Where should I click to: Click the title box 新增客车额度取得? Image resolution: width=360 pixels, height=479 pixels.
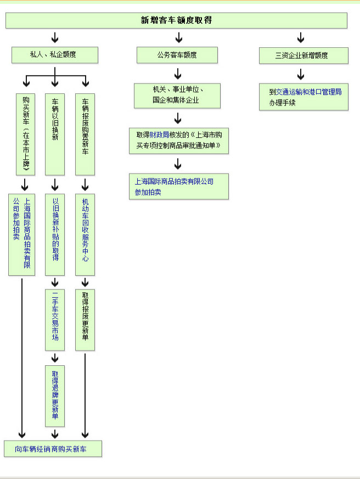click(x=176, y=20)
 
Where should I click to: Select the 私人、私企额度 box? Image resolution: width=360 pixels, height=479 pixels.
click(x=55, y=55)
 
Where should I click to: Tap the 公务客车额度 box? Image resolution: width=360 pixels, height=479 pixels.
click(x=177, y=55)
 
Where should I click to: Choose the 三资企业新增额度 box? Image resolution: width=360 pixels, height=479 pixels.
click(x=303, y=55)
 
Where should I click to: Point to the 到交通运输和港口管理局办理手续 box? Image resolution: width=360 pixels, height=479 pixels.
click(x=303, y=97)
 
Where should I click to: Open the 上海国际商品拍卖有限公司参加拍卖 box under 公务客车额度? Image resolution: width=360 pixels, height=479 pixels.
click(x=179, y=186)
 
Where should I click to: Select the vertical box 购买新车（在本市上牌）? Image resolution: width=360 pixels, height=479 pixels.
click(x=26, y=134)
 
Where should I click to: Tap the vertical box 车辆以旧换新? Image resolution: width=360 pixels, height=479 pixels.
click(x=55, y=134)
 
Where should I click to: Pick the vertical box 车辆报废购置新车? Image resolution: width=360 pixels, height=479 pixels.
click(x=85, y=134)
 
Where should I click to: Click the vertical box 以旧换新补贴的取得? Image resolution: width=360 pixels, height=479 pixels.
click(x=55, y=234)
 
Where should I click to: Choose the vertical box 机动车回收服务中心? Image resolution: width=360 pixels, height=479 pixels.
click(x=85, y=234)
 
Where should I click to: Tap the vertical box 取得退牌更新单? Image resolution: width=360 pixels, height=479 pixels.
click(x=55, y=396)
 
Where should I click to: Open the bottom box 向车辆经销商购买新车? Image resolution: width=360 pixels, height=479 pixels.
click(x=53, y=449)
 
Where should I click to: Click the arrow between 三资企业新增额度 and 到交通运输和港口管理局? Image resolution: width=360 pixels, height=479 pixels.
click(x=301, y=74)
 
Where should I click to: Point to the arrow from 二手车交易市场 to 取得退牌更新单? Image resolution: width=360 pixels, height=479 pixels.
click(x=55, y=358)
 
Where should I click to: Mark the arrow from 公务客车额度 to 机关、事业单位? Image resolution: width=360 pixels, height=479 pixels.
click(x=178, y=74)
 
